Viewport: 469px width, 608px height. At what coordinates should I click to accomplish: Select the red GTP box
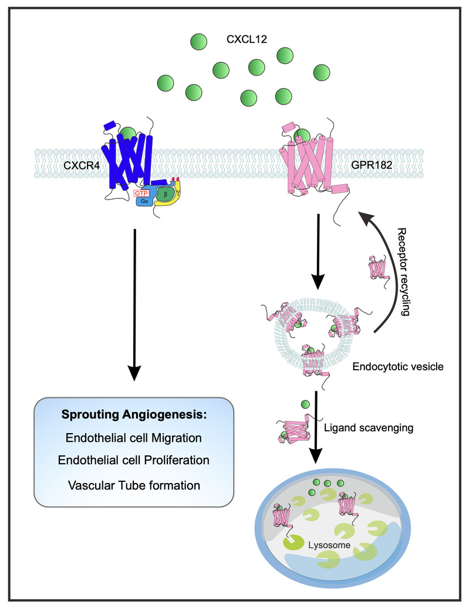coord(141,192)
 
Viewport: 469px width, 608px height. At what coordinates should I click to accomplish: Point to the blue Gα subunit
coord(144,201)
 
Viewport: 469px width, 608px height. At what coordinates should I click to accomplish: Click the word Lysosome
coord(333,545)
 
